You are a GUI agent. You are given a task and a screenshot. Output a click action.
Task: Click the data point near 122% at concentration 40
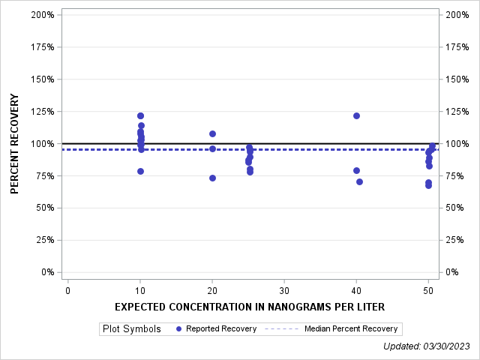[x=356, y=115]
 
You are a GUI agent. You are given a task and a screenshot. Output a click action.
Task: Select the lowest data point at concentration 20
[x=212, y=178]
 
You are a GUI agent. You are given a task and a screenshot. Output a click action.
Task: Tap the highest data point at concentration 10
[x=140, y=115]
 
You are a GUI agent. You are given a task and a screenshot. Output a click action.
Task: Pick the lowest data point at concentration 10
[x=140, y=171]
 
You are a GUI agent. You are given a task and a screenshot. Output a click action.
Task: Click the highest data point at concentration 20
[x=212, y=133]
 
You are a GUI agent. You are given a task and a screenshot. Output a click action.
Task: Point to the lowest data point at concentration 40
[x=359, y=181]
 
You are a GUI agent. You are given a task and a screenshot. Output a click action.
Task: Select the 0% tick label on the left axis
[x=47, y=272]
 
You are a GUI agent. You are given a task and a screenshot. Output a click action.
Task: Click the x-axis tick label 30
[x=284, y=291]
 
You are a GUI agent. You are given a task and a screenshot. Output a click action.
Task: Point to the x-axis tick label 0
[x=68, y=291]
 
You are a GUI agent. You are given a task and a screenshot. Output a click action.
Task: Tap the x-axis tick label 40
[x=356, y=291]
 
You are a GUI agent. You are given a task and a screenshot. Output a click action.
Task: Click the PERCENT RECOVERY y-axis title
[x=15, y=144]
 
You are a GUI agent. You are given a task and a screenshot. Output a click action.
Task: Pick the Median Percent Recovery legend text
[x=352, y=328]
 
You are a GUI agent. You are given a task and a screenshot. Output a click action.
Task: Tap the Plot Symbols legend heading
[x=131, y=328]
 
